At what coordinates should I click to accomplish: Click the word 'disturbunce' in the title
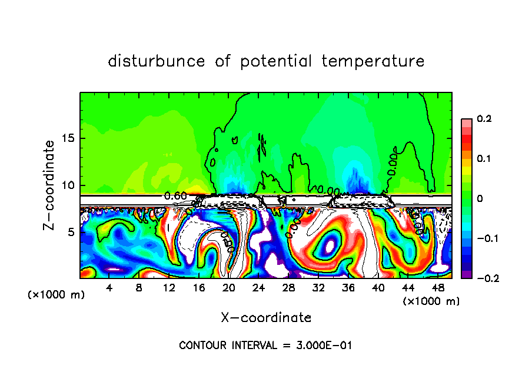[156, 61]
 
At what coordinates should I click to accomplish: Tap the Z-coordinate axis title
[51, 185]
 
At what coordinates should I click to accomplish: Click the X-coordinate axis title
[266, 318]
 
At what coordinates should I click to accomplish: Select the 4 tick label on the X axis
[109, 288]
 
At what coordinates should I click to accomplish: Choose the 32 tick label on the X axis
[318, 288]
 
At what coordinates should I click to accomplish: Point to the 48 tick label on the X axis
[437, 288]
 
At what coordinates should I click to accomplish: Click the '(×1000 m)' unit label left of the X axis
[56, 295]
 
